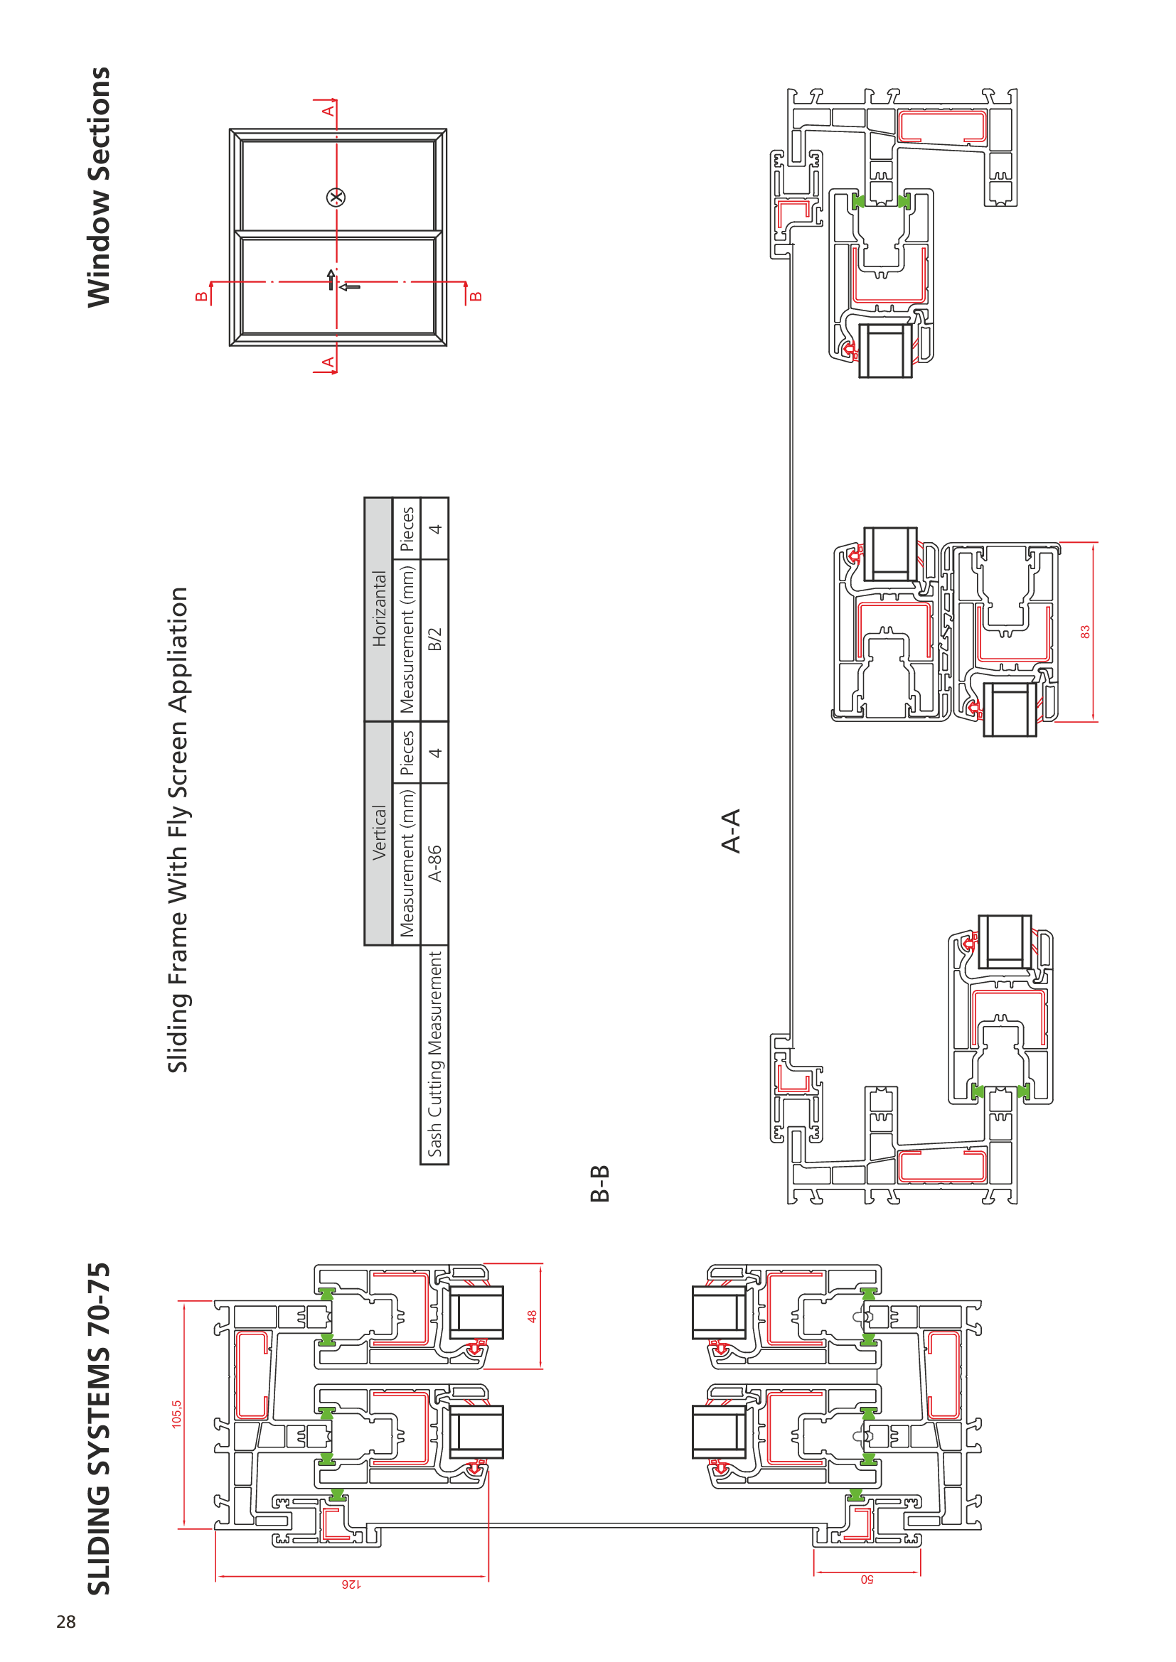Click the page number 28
pyautogui.click(x=66, y=1621)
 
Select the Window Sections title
pyautogui.click(x=99, y=187)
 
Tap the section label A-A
pyautogui.click(x=732, y=831)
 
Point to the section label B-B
pyautogui.click(x=599, y=1184)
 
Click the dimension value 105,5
pyautogui.click(x=177, y=1414)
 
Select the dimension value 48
pyautogui.click(x=532, y=1316)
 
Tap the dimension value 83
pyautogui.click(x=1085, y=632)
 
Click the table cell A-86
pyautogui.click(x=434, y=863)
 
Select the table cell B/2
pyautogui.click(x=434, y=640)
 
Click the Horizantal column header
pyautogui.click(x=379, y=609)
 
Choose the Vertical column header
pyautogui.click(x=379, y=833)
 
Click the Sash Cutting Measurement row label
pyautogui.click(x=434, y=1054)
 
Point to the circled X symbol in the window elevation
pyautogui.click(x=336, y=197)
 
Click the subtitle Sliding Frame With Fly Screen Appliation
pyautogui.click(x=178, y=829)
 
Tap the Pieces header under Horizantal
pyautogui.click(x=407, y=529)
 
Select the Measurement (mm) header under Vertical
pyautogui.click(x=407, y=863)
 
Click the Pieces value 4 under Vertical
pyautogui.click(x=434, y=752)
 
